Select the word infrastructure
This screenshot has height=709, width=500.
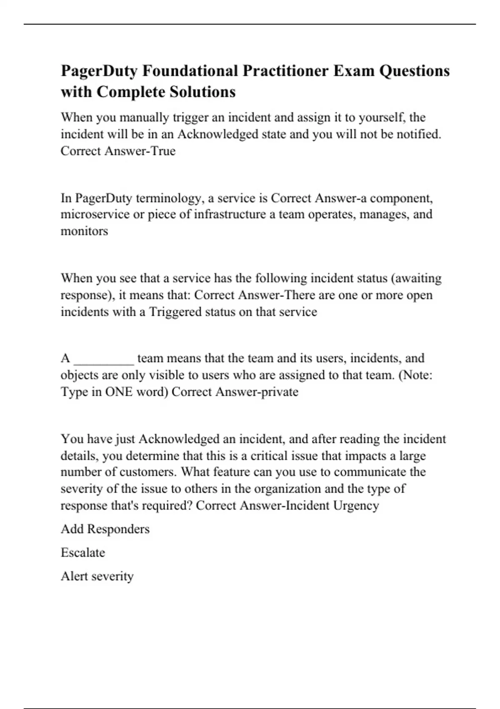click(x=231, y=214)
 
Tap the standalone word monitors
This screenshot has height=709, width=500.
click(x=84, y=231)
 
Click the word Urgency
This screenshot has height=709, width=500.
click(x=356, y=505)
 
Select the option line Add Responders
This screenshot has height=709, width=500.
click(x=105, y=529)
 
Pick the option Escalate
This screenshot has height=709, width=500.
click(x=83, y=553)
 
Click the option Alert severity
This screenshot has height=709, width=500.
click(x=97, y=576)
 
